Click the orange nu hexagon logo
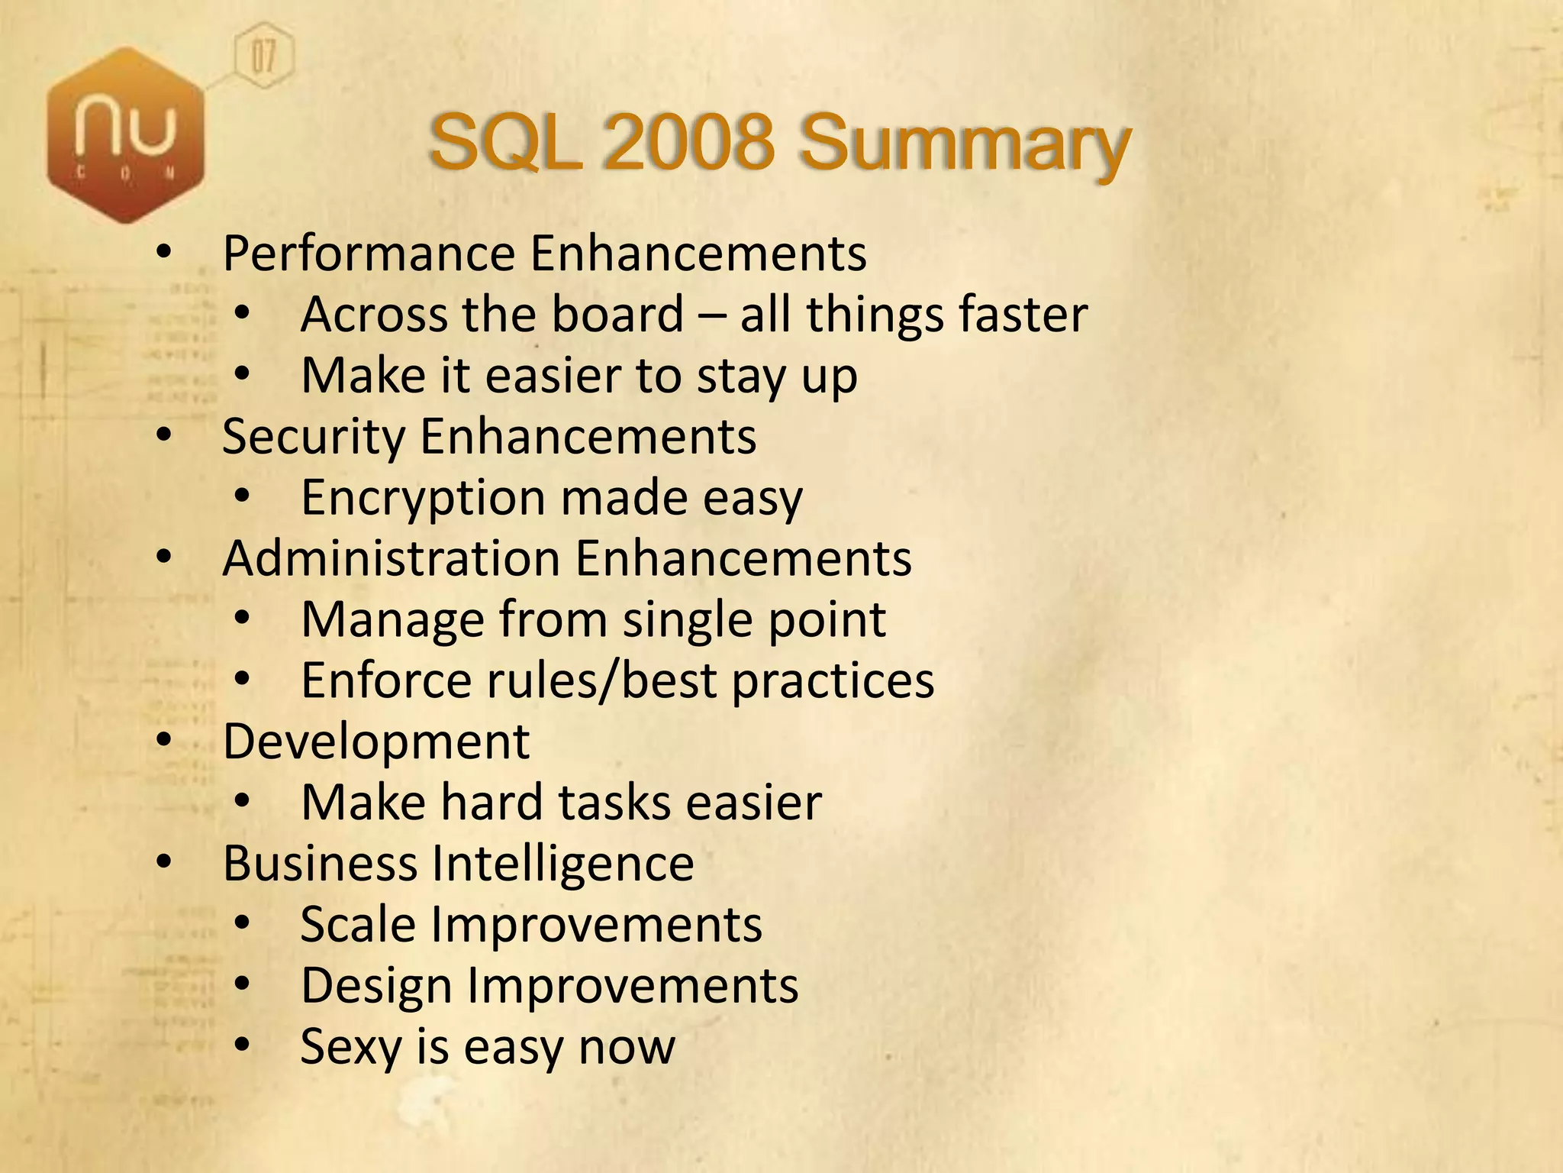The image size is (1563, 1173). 126,136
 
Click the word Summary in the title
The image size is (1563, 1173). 965,144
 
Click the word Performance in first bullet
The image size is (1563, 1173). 369,254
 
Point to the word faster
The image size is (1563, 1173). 1023,315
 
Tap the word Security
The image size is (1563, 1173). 313,438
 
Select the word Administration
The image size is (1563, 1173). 391,558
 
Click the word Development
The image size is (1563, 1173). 375,742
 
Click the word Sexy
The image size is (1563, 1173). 350,1047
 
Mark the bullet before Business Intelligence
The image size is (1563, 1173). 164,862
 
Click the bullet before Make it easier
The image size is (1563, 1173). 243,374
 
